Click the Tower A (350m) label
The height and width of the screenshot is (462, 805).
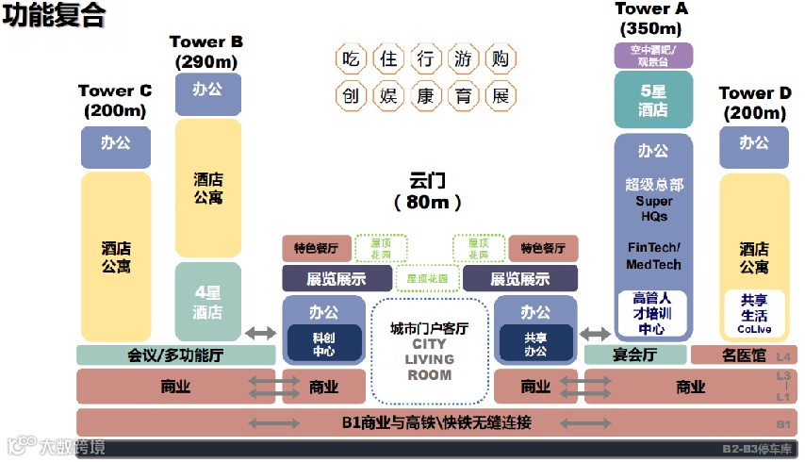click(652, 18)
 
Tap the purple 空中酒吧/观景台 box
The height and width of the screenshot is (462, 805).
click(653, 56)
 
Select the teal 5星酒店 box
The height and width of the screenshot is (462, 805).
click(653, 100)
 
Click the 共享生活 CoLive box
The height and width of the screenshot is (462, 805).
click(753, 314)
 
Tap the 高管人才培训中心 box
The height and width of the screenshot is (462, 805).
click(652, 313)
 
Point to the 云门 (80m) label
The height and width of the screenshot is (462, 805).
click(428, 190)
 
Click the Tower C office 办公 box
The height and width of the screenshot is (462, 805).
click(115, 144)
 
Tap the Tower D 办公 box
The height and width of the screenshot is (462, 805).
click(753, 145)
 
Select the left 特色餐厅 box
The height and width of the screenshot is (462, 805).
click(317, 249)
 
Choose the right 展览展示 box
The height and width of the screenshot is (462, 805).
click(520, 279)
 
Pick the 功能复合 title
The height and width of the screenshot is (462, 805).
click(53, 16)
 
